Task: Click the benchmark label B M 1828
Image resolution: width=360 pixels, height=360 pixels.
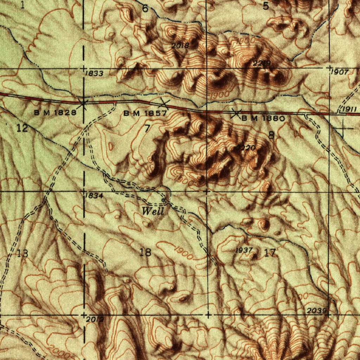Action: pyautogui.click(x=55, y=113)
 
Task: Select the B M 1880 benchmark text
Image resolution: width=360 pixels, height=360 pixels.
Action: pyautogui.click(x=263, y=118)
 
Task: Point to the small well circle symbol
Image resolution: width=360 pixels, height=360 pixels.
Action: pyautogui.click(x=163, y=200)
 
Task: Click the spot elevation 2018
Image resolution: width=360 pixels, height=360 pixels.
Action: pyautogui.click(x=180, y=45)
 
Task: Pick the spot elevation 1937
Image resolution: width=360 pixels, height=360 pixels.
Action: pyautogui.click(x=244, y=250)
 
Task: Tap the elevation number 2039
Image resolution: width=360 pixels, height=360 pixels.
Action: pyautogui.click(x=317, y=311)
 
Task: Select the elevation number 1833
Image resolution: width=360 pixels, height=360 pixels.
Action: pyautogui.click(x=94, y=73)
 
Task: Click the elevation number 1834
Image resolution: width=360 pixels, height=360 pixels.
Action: pyautogui.click(x=94, y=196)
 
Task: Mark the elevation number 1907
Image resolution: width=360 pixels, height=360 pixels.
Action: pyautogui.click(x=340, y=72)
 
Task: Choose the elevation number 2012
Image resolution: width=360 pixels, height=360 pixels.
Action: pyautogui.click(x=95, y=319)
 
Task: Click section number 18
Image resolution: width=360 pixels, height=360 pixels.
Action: pyautogui.click(x=145, y=252)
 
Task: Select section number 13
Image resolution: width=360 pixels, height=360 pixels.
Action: pyautogui.click(x=22, y=253)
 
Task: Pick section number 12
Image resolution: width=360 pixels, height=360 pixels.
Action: pyautogui.click(x=22, y=128)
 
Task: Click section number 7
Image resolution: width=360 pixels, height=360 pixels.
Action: pyautogui.click(x=147, y=129)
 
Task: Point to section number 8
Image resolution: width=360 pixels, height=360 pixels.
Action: pyautogui.click(x=271, y=135)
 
